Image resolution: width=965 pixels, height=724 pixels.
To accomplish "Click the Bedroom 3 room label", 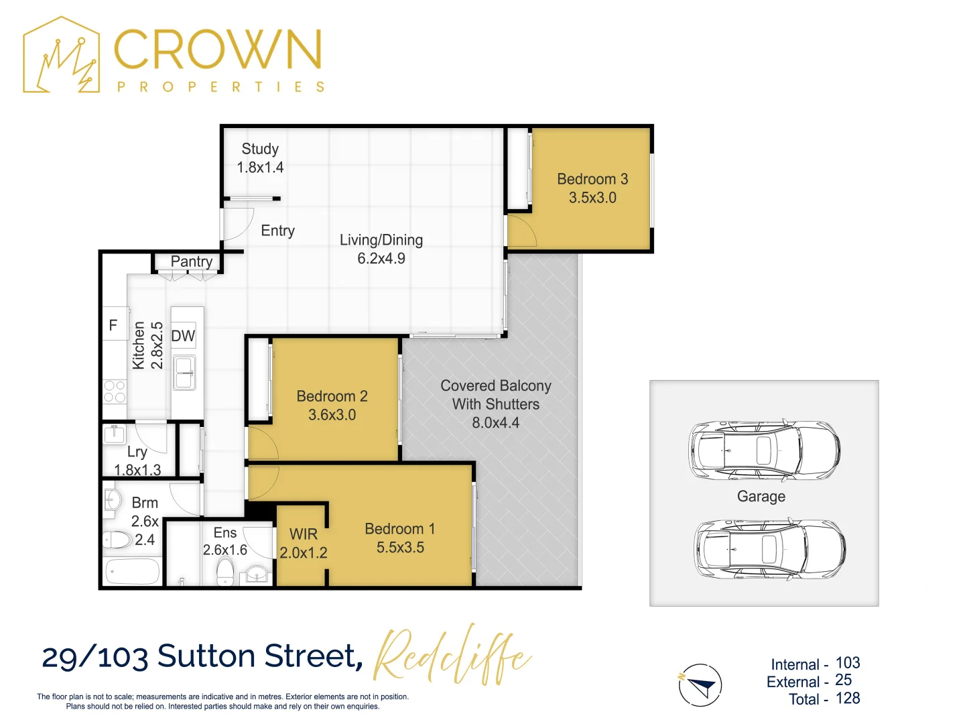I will point(592,179).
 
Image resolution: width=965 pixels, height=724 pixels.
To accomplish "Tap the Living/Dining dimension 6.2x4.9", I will point(381,259).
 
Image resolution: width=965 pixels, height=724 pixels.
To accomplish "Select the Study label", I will point(260,149).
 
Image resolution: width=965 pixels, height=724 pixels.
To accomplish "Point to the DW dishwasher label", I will point(183,336).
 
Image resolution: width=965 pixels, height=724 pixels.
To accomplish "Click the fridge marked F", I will point(113,325).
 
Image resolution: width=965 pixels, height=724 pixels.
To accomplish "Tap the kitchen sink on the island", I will point(184,373).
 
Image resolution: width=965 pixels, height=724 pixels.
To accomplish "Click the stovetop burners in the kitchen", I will point(115,391).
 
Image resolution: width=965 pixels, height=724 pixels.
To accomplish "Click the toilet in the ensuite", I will point(225,572).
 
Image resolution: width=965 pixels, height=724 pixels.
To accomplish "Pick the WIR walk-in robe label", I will point(303,534).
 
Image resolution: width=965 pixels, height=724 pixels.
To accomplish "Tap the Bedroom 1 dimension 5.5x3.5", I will point(400,548).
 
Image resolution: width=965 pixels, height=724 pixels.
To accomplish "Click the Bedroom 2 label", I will point(332,396).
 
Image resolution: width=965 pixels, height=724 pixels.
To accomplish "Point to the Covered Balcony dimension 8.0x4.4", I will point(495,423).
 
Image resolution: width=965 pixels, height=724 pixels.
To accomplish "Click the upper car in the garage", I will point(764,450).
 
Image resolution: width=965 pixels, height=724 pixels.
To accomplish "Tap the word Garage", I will point(761,497).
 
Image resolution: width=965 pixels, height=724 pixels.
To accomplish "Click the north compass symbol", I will point(701,685).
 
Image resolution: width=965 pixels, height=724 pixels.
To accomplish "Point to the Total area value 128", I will point(847,699).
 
